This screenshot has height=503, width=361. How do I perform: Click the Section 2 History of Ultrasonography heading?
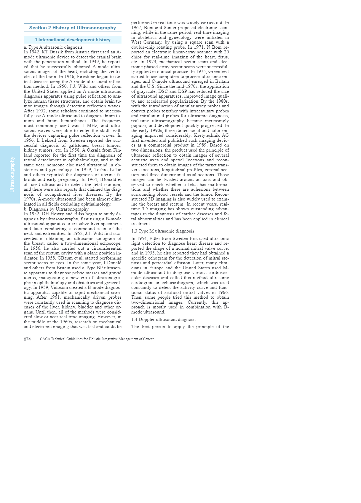click(x=73, y=28)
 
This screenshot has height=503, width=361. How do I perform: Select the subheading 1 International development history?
click(x=73, y=40)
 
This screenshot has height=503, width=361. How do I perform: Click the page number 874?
click(x=27, y=339)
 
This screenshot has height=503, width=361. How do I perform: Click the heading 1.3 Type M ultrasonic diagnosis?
click(x=163, y=231)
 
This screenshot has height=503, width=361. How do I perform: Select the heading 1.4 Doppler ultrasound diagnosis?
click(x=164, y=319)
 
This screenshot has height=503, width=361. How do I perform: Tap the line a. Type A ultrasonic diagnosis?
click(x=53, y=47)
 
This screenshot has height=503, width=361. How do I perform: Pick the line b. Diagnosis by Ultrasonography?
click(x=56, y=209)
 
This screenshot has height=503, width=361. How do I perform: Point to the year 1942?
click(x=35, y=52)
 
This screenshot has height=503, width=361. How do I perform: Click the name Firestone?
click(x=86, y=77)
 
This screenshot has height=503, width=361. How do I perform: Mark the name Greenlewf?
click(x=218, y=71)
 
